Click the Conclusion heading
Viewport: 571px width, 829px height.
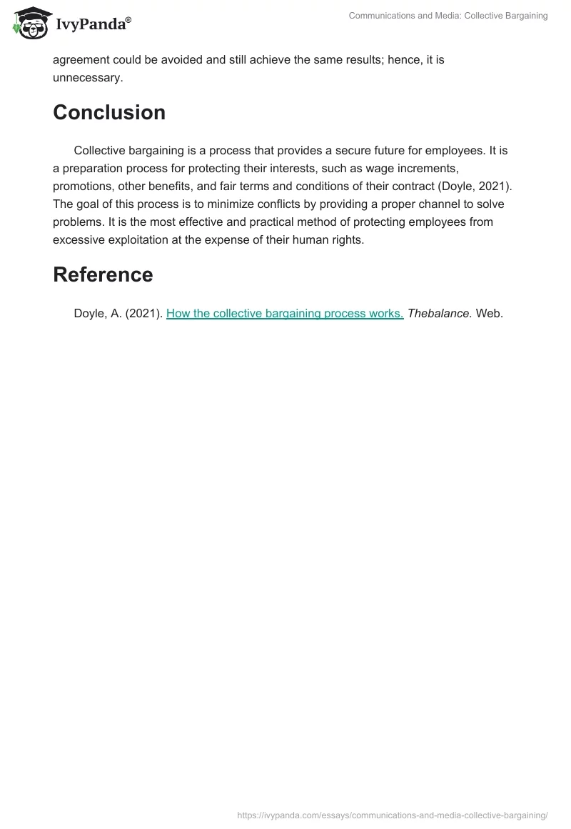109,112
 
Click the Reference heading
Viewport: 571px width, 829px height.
103,274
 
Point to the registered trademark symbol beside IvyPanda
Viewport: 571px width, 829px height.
128,19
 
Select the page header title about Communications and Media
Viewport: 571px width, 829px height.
448,16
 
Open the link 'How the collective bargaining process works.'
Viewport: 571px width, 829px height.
285,313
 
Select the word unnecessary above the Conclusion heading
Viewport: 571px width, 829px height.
88,78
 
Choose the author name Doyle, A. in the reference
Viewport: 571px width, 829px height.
97,313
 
